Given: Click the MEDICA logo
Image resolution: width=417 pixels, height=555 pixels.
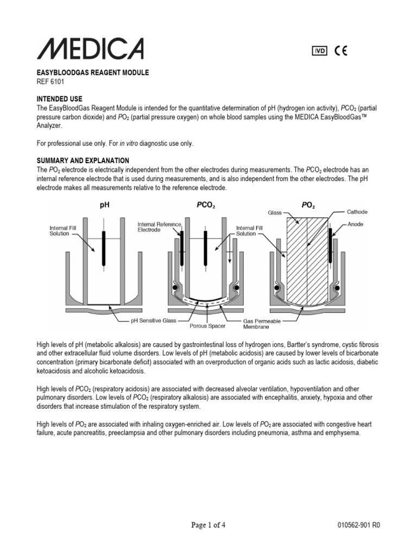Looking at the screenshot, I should (90, 49).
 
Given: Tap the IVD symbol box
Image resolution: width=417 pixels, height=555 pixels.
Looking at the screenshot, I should (320, 51).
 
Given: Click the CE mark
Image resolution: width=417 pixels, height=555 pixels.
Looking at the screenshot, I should (341, 51).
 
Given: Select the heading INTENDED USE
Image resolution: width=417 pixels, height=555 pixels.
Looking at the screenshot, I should (60, 99).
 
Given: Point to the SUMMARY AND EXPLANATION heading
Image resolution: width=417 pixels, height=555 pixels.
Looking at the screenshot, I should (83, 160).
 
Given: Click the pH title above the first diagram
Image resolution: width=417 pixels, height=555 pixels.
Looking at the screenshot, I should (104, 206).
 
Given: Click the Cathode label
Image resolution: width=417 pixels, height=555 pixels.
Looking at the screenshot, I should (358, 212).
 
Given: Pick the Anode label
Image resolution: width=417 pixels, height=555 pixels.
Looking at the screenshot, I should (356, 224).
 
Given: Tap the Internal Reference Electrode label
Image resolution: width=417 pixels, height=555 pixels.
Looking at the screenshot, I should (157, 227).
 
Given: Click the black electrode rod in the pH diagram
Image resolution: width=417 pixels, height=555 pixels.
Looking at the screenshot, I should (103, 247).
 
